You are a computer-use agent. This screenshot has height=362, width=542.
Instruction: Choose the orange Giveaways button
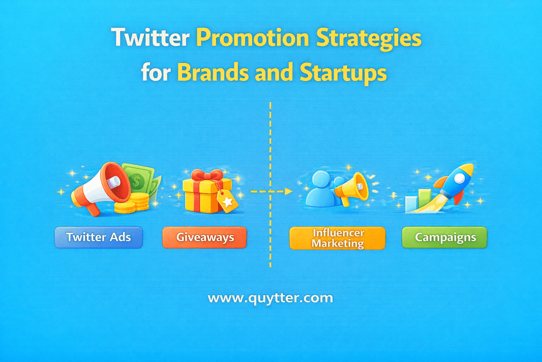205,237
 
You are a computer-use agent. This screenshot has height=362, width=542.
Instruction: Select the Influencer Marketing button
337,238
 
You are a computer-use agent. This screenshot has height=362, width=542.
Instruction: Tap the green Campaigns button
445,237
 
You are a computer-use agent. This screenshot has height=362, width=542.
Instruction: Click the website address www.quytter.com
270,298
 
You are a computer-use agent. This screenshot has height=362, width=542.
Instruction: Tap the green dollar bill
139,179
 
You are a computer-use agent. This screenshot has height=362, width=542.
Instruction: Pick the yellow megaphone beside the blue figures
352,187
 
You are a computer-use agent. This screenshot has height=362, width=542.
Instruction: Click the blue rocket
455,182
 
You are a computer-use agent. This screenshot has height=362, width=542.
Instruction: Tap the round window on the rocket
459,179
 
